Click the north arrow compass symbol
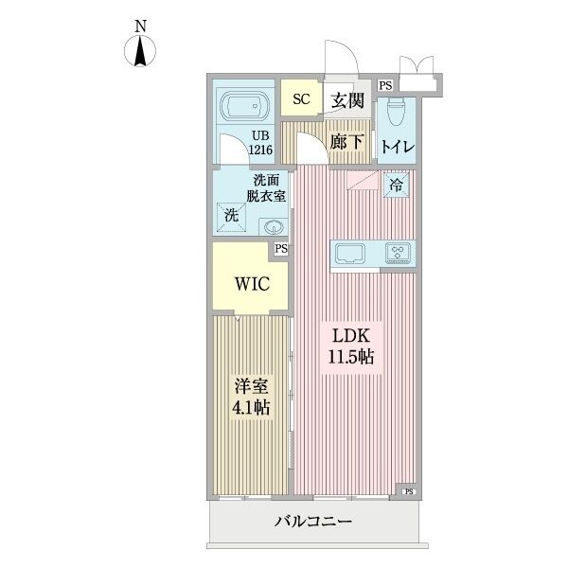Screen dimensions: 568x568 coord(140,51)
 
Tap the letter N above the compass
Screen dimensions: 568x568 coord(140,26)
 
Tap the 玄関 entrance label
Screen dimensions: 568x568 coord(347,98)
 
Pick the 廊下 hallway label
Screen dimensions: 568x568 coord(346,142)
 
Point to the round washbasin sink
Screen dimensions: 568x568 coord(275,226)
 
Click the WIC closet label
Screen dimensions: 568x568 coord(250,281)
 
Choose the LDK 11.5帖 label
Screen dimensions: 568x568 coord(353,346)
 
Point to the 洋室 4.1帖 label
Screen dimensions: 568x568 coord(251,397)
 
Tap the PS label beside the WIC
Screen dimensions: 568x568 coord(281,249)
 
